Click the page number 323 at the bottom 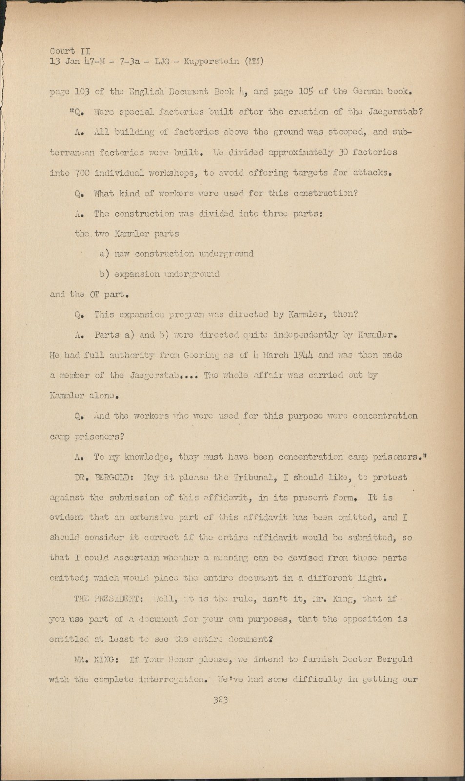[x=221, y=700]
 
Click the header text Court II [x=69, y=51]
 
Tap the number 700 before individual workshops [x=82, y=173]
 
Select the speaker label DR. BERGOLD [x=95, y=477]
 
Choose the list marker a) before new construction [x=104, y=254]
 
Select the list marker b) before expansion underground [x=104, y=274]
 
